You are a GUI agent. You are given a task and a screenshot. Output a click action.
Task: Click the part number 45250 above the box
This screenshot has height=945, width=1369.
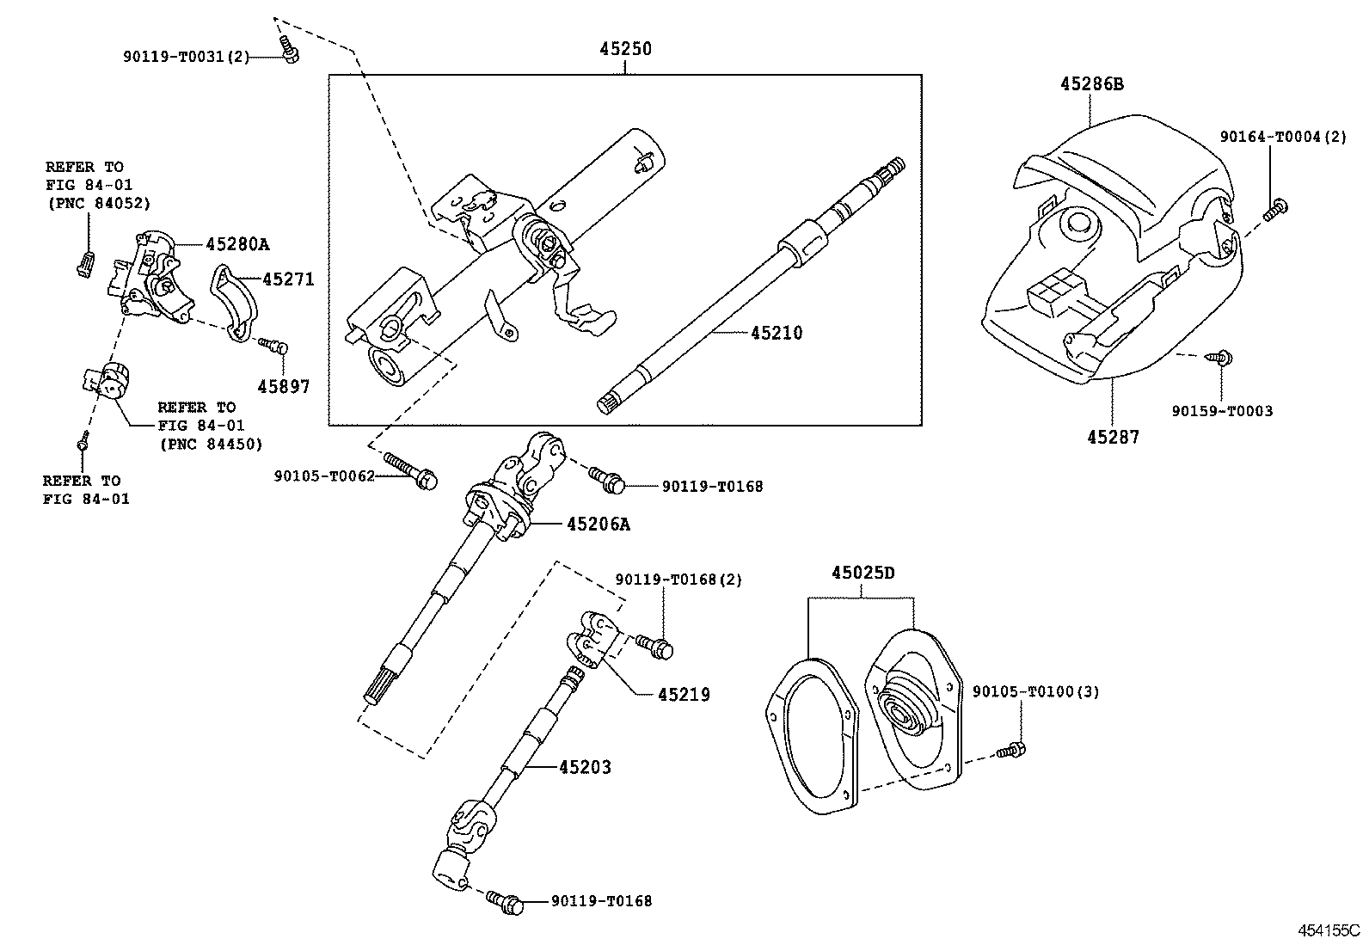click(625, 49)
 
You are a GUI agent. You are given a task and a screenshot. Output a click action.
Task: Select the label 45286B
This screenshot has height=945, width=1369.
click(1091, 84)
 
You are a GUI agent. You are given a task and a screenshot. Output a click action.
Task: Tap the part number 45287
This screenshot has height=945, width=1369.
click(1113, 437)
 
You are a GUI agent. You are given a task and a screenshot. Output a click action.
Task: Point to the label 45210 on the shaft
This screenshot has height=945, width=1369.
click(776, 333)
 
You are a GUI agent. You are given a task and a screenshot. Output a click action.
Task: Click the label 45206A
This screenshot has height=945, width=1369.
click(598, 524)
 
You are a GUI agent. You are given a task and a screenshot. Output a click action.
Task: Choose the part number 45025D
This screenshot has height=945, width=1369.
click(863, 573)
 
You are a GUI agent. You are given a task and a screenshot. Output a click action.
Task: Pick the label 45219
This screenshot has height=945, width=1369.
click(684, 694)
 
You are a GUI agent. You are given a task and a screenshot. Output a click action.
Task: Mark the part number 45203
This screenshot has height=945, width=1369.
click(585, 767)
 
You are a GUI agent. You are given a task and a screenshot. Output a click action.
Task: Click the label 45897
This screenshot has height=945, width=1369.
click(284, 387)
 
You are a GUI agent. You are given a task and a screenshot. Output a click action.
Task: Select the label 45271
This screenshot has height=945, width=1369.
click(288, 279)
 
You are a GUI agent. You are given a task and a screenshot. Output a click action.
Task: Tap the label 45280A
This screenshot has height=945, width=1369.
click(236, 244)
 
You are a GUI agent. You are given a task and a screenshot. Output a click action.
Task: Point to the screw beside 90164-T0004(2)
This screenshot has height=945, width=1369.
click(1277, 207)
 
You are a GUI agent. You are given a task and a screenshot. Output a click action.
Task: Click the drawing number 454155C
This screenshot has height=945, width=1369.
click(1329, 930)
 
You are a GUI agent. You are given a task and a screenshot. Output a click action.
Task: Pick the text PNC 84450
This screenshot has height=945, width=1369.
click(211, 444)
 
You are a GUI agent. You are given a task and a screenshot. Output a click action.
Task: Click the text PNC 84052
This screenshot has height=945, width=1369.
click(98, 203)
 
